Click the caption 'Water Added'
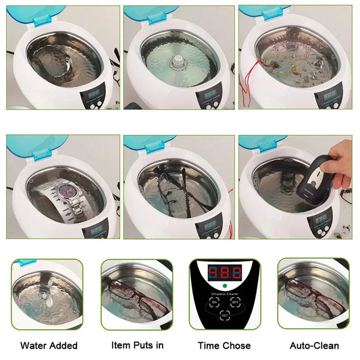click(x=49, y=346)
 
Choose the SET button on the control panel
click(x=225, y=315)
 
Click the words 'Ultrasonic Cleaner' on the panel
click(x=225, y=295)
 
